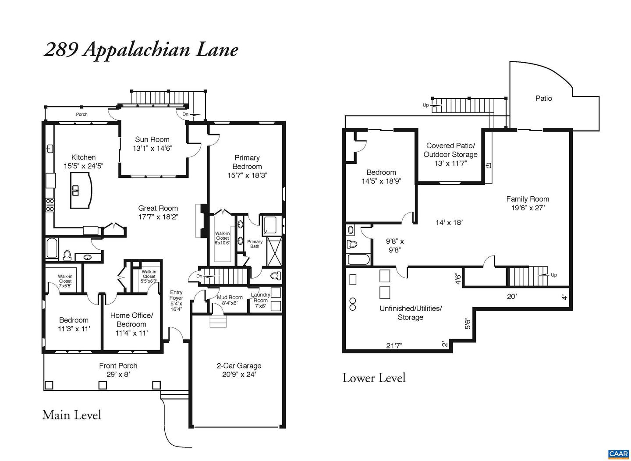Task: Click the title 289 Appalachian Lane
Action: (141, 50)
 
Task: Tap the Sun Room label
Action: (152, 140)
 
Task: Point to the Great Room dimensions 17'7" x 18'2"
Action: (158, 217)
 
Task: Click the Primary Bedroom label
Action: (247, 162)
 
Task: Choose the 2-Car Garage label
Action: (239, 365)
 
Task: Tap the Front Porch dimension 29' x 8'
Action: (118, 375)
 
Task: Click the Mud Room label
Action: (230, 298)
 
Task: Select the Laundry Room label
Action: (260, 298)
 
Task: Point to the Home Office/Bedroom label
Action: (131, 320)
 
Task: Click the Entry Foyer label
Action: (176, 295)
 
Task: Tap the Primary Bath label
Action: (255, 244)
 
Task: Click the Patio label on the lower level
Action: (543, 98)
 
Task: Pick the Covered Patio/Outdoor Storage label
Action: (450, 150)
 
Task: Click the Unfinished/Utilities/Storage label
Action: (411, 313)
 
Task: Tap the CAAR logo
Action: (619, 454)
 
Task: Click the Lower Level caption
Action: (374, 378)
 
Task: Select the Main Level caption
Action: (72, 415)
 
